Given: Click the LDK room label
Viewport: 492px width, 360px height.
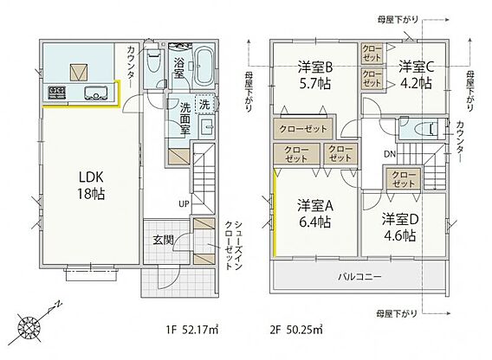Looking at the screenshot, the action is (x=91, y=186).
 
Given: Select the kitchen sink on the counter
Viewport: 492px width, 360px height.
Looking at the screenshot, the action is (x=95, y=93).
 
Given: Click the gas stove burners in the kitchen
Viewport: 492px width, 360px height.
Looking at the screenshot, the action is (x=57, y=93).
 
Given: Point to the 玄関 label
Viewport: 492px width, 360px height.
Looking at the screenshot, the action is (x=163, y=240).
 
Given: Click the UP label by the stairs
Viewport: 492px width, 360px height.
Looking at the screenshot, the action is (x=184, y=204).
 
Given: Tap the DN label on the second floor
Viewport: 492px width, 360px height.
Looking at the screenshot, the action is (x=390, y=154).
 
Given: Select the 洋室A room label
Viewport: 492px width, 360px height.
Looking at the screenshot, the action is (x=315, y=214).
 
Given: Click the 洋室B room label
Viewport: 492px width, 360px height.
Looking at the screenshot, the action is (x=315, y=75).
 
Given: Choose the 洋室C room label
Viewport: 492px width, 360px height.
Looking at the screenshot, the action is (x=417, y=74).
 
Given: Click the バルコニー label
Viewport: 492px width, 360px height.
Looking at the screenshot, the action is (x=359, y=277).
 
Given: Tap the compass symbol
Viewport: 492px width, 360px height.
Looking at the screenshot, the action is (x=29, y=327).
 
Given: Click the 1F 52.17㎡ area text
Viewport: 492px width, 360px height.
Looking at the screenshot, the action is (x=192, y=330).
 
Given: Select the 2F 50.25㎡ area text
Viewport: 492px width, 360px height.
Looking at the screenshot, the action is (x=296, y=330).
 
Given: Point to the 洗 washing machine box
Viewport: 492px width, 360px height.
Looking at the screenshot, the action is (x=205, y=104).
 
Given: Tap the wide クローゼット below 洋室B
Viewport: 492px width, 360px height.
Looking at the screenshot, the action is (x=303, y=129).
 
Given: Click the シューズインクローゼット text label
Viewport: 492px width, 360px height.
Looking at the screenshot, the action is (x=234, y=246).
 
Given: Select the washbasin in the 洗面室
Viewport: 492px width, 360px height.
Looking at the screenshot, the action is (x=207, y=126).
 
